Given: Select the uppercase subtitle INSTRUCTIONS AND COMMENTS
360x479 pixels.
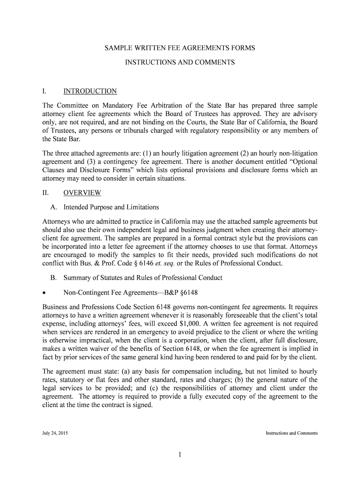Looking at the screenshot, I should click(180, 62).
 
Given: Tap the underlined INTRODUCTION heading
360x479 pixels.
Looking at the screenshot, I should click(90, 91).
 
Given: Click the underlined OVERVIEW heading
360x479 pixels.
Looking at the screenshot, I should click(82, 193).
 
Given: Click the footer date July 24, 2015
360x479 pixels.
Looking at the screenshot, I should click(55, 433).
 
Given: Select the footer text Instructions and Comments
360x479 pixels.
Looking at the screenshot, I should click(292, 433).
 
